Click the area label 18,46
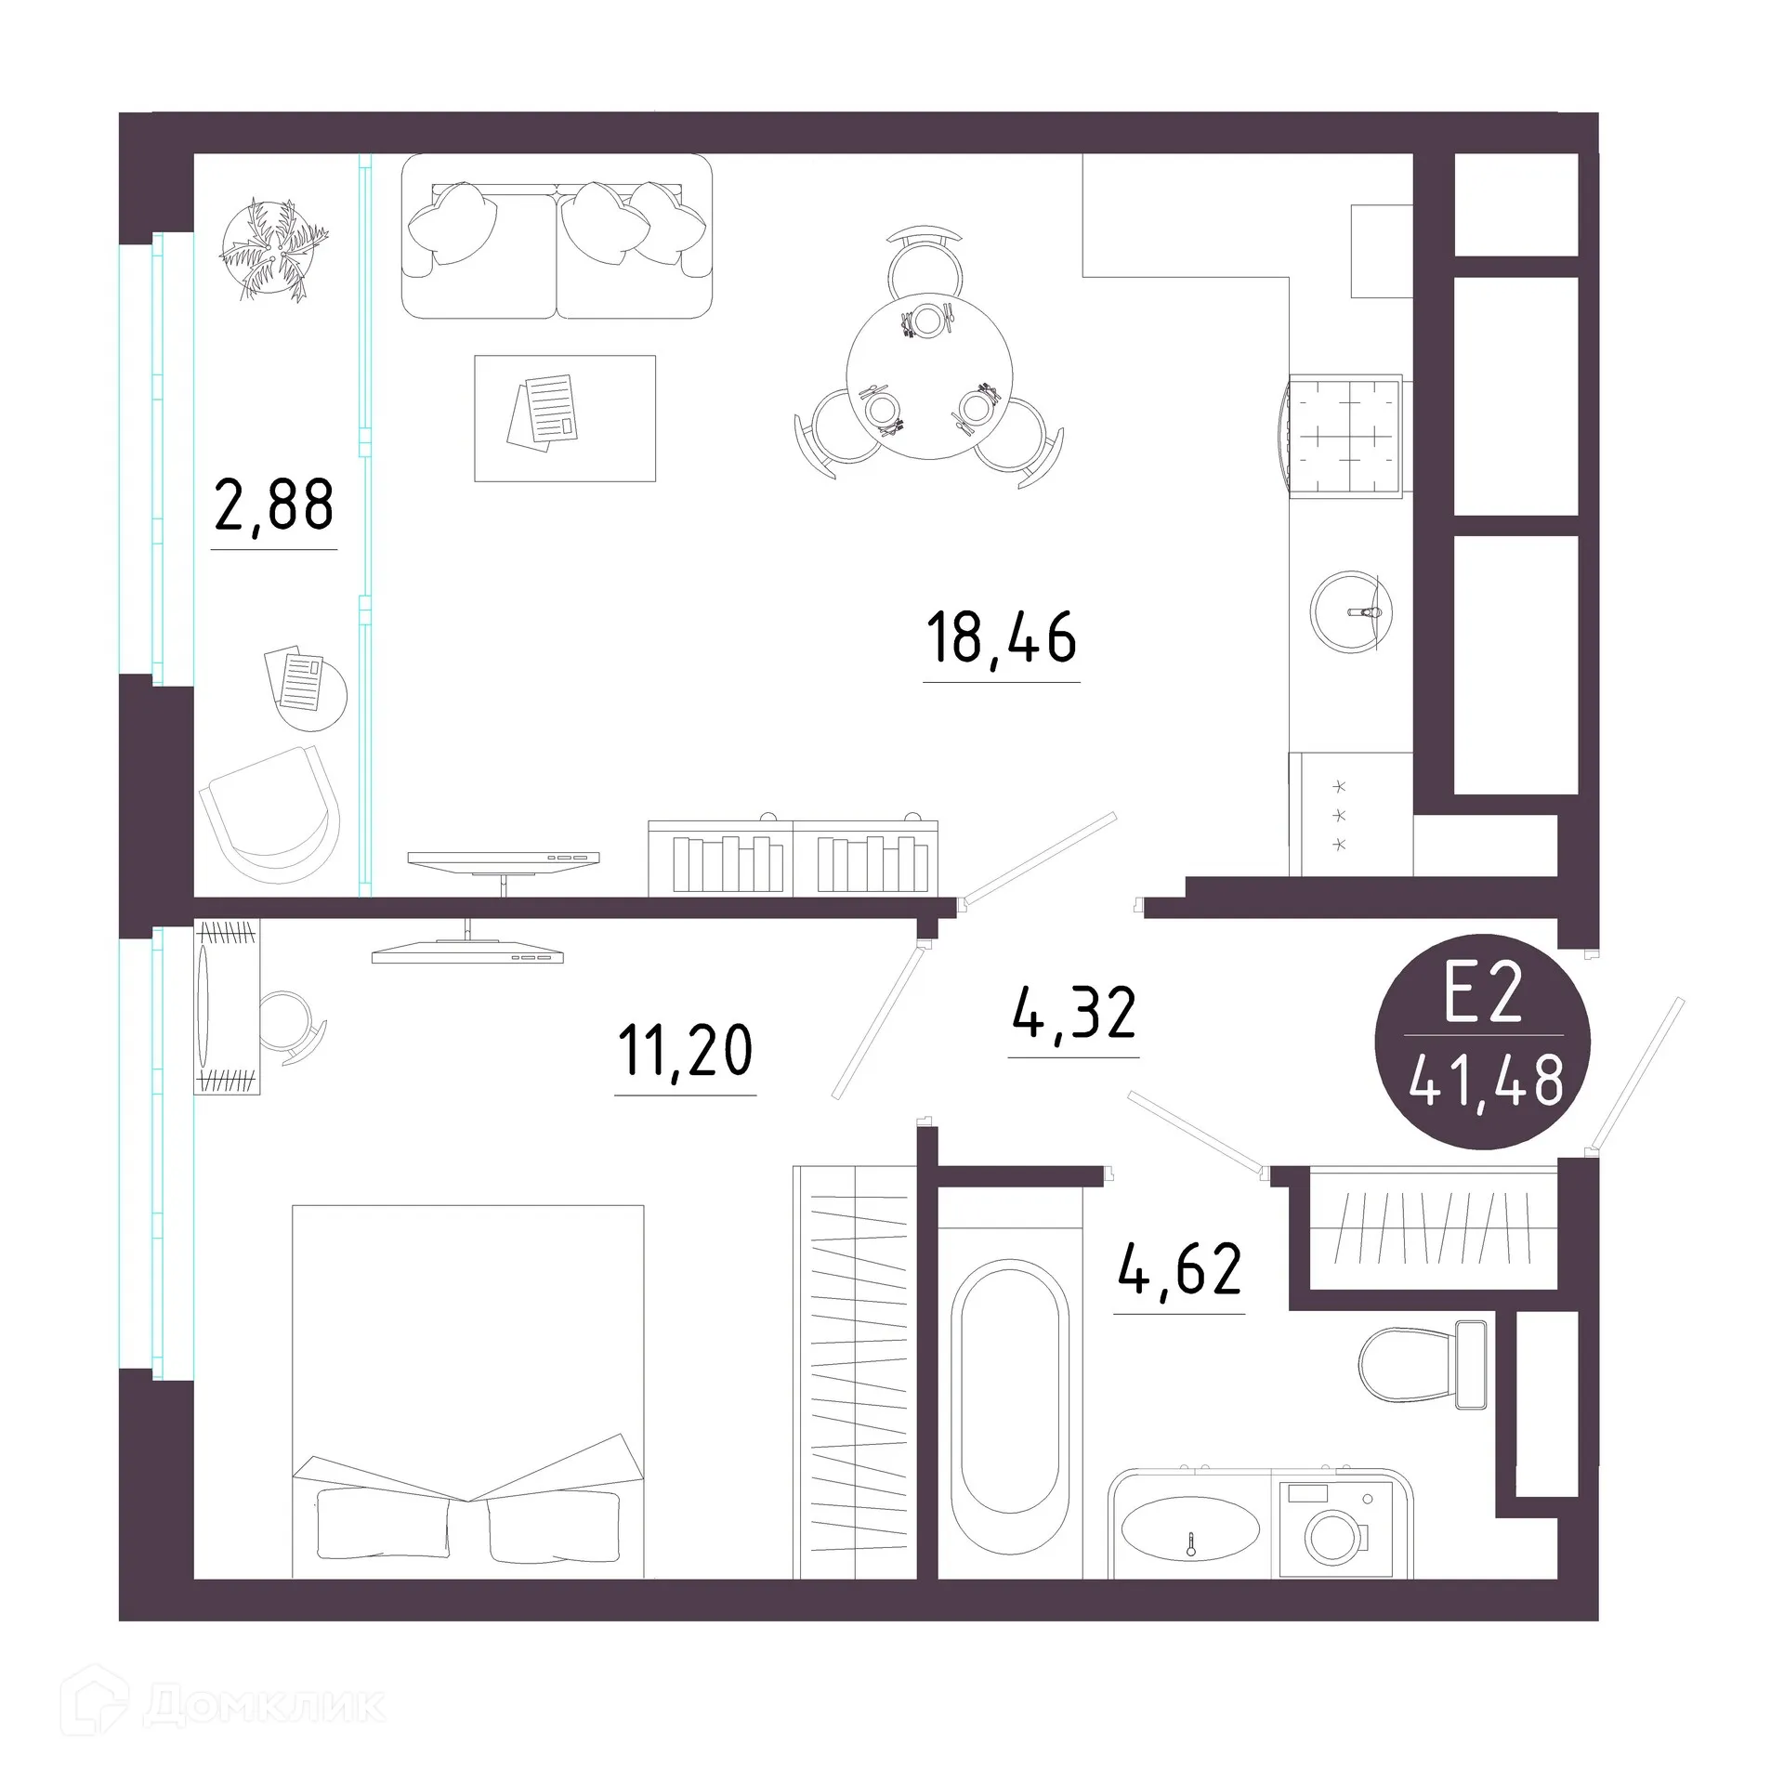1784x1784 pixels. click(x=1001, y=638)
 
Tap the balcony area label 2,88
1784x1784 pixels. click(x=273, y=505)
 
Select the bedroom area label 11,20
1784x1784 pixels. click(x=685, y=1051)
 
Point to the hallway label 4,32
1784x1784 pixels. click(x=1073, y=1014)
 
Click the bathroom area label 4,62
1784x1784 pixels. click(x=1179, y=1270)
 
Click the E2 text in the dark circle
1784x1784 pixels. click(x=1483, y=993)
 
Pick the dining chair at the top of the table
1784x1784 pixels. click(x=925, y=260)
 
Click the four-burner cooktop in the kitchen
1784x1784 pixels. click(x=1345, y=436)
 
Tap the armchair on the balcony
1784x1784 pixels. click(x=269, y=813)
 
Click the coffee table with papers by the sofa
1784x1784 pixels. click(x=565, y=418)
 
